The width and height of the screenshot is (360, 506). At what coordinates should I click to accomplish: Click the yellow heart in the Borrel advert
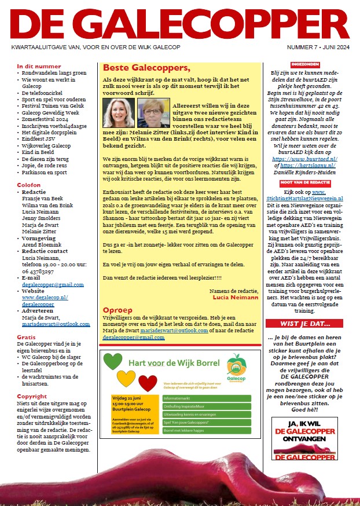[x=126, y=379]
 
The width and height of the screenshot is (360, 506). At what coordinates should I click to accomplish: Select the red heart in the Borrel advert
[x=148, y=383]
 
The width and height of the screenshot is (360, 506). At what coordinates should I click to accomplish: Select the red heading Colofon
[x=29, y=185]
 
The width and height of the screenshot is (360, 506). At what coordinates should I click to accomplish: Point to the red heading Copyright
[x=32, y=397]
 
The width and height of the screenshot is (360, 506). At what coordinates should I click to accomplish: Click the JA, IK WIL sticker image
[x=304, y=438]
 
